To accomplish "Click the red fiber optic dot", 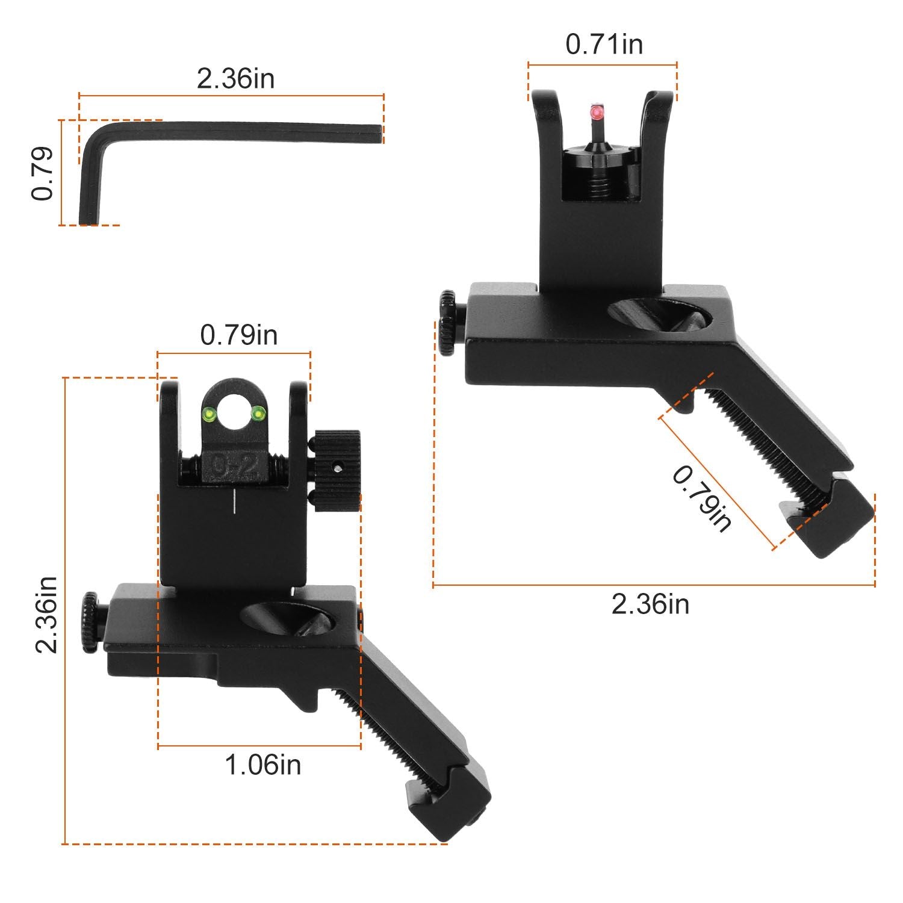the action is click(x=597, y=112).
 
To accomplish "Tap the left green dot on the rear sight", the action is click(x=210, y=414).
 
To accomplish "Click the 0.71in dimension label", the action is click(x=604, y=45).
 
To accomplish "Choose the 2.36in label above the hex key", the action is click(x=236, y=79).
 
